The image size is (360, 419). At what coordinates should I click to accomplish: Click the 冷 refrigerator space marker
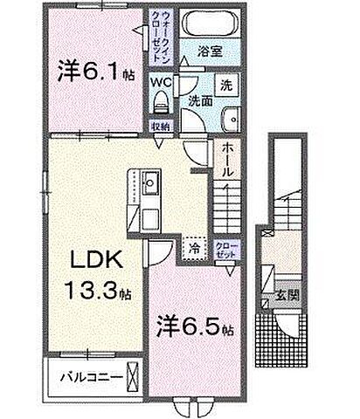click(192, 248)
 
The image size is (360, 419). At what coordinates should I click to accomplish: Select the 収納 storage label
click(160, 126)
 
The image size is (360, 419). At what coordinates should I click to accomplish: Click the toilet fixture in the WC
click(162, 103)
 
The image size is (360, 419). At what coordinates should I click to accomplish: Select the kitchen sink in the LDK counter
click(149, 183)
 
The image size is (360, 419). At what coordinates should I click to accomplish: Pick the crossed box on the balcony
click(132, 379)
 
